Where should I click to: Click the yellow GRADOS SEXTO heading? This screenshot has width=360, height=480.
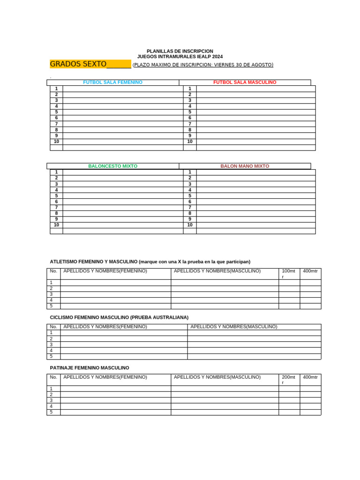[x=78, y=64]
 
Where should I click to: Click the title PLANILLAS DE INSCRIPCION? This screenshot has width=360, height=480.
[x=180, y=51]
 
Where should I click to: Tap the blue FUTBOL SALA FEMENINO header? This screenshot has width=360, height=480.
[x=112, y=82]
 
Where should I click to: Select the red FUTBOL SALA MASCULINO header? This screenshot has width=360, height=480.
[x=245, y=82]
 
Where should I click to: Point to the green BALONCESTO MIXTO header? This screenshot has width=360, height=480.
[x=112, y=166]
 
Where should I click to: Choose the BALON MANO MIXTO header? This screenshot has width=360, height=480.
[x=245, y=166]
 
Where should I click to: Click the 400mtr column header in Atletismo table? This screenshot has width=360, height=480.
[x=310, y=271]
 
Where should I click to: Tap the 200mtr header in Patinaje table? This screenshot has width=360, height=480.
[x=288, y=377]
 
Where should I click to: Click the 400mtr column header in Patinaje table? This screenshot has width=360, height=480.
[x=310, y=377]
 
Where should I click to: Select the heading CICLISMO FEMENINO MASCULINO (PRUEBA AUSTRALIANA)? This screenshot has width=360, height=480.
[x=119, y=318]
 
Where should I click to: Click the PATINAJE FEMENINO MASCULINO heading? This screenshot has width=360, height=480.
[x=90, y=368]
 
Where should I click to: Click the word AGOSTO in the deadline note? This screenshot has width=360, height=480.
[x=262, y=65]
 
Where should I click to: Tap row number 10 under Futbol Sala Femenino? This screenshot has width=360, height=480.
[x=56, y=142]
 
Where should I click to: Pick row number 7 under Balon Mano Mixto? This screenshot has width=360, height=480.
[x=190, y=208]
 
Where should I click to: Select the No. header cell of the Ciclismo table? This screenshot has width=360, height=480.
[x=53, y=327]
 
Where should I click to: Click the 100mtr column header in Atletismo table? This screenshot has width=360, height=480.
[x=288, y=271]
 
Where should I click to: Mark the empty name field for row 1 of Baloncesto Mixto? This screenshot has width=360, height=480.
[x=123, y=172]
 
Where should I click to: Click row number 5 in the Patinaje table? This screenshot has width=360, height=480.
[x=52, y=412]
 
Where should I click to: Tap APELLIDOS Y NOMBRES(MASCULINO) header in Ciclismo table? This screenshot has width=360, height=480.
[x=233, y=327]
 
